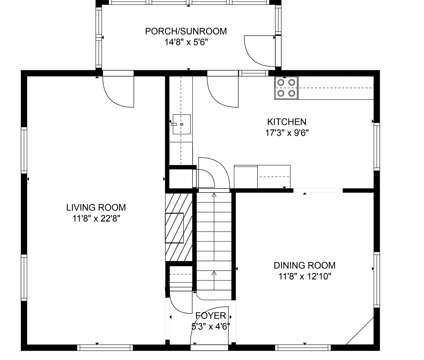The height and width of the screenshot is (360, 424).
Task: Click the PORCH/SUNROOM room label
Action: pos(186,31)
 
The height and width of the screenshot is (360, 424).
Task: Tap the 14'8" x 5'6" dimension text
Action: pos(186,42)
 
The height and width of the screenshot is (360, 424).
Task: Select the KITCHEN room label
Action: pos(287,122)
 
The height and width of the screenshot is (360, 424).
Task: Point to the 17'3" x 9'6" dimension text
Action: pos(287,133)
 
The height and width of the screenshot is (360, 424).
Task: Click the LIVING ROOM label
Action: pos(96,208)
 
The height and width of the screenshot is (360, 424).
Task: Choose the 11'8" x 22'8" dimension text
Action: pos(96,219)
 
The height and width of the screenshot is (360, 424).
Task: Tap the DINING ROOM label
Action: pos(305,265)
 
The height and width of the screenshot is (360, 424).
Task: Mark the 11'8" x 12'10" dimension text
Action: pos(305,276)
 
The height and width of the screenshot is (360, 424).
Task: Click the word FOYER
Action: pos(211,316)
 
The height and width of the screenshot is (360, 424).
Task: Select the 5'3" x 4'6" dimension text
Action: pos(211,326)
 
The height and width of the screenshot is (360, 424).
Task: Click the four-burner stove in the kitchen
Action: pos(286,88)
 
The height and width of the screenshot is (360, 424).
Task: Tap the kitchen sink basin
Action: pos(182,124)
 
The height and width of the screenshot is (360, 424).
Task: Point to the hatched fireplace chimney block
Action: pos(179,227)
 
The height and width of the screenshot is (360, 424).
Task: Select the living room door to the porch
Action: pos(118,92)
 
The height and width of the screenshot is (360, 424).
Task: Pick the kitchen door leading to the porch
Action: pos(223,92)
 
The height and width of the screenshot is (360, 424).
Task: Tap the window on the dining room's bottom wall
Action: pos(303,348)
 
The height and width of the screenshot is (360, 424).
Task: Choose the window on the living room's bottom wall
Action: pos(105,348)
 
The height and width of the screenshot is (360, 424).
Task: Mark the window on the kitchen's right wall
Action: pos(377,147)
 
